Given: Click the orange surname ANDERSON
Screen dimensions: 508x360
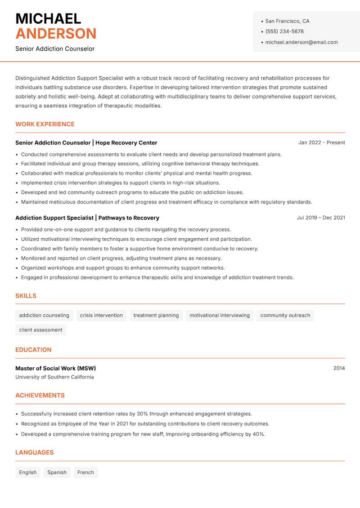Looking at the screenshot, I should pyautogui.click(x=56, y=34).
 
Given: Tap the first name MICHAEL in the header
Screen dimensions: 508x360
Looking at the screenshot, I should pyautogui.click(x=48, y=18).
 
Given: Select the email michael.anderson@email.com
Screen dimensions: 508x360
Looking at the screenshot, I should pyautogui.click(x=301, y=42).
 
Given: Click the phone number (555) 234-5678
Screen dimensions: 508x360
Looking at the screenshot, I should pyautogui.click(x=284, y=31).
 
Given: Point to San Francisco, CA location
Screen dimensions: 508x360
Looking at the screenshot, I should pyautogui.click(x=287, y=21).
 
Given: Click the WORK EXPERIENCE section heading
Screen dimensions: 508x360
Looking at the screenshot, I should pyautogui.click(x=45, y=124).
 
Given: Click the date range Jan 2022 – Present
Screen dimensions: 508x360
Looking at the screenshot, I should pyautogui.click(x=321, y=143).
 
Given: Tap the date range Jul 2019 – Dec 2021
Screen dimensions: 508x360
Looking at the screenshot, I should pyautogui.click(x=321, y=218).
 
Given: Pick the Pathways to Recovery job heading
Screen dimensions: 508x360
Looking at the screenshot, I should pyautogui.click(x=87, y=218).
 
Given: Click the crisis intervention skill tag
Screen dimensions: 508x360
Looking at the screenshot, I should pyautogui.click(x=101, y=316).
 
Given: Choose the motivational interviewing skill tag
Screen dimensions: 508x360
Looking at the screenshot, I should pyautogui.click(x=219, y=316).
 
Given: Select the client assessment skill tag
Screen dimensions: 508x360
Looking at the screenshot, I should pyautogui.click(x=41, y=330).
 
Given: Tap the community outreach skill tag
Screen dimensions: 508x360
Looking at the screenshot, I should pyautogui.click(x=285, y=316).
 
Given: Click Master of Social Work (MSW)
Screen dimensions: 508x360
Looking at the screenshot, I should pyautogui.click(x=55, y=368).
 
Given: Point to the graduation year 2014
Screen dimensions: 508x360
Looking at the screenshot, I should pyautogui.click(x=339, y=368).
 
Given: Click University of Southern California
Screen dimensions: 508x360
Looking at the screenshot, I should pyautogui.click(x=54, y=377).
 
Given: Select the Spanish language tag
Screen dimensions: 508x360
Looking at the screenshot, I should pyautogui.click(x=57, y=472).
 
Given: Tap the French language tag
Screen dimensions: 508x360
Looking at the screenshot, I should pyautogui.click(x=85, y=472).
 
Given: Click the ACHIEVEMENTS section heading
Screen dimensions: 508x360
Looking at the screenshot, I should pyautogui.click(x=40, y=396).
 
